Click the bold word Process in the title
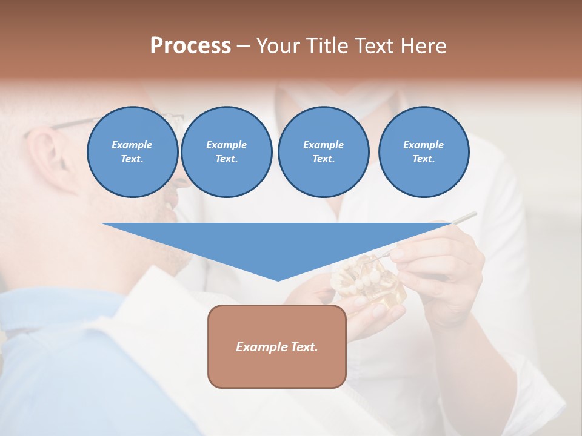pyautogui.click(x=190, y=46)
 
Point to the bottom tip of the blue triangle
pyautogui.click(x=278, y=279)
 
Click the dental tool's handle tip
pyautogui.click(x=473, y=214)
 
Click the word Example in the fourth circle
pyautogui.click(x=424, y=145)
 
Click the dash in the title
pyautogui.click(x=243, y=46)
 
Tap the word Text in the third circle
pyautogui.click(x=323, y=159)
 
